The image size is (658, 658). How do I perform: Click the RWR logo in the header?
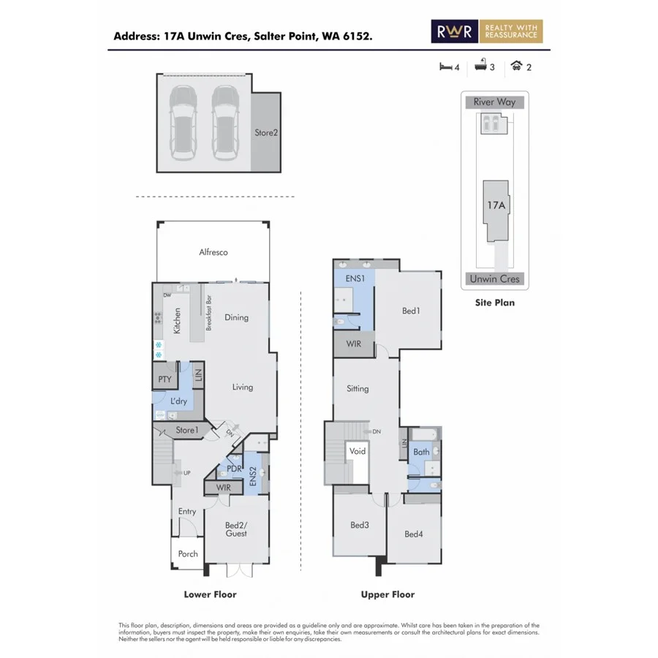(x=455, y=31)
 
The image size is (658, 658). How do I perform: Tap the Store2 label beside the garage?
(x=266, y=133)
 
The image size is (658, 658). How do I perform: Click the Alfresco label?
(x=213, y=252)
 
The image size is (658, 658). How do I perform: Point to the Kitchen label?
(x=177, y=320)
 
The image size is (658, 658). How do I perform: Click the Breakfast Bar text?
(x=209, y=313)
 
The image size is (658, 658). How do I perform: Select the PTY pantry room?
(x=164, y=379)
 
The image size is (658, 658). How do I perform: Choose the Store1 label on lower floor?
(x=186, y=431)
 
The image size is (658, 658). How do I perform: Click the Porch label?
(x=188, y=553)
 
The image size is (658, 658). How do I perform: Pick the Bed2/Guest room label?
(x=236, y=529)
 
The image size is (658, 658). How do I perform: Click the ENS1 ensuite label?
(x=345, y=279)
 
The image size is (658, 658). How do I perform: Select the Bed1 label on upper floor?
(x=411, y=311)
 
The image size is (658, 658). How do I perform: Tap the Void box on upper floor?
(x=358, y=452)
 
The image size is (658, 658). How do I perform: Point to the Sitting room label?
(x=358, y=389)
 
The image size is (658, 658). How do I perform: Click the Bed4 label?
(x=414, y=534)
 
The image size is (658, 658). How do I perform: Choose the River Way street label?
(x=494, y=102)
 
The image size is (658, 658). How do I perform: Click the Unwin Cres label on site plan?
(x=494, y=279)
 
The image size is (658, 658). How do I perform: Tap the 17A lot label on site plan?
(x=496, y=205)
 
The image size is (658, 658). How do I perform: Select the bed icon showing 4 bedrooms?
(x=445, y=67)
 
